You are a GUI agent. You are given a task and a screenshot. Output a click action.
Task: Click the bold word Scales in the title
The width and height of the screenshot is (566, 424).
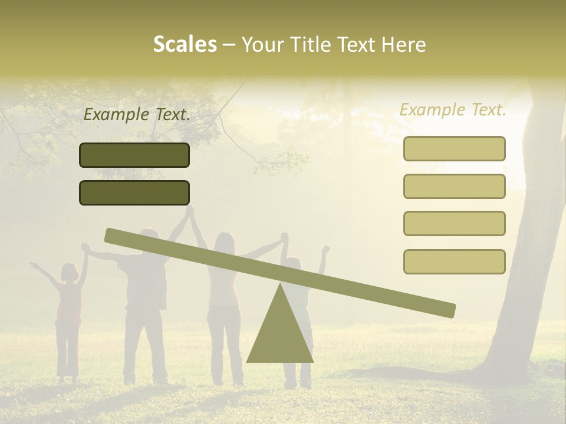tap(185, 44)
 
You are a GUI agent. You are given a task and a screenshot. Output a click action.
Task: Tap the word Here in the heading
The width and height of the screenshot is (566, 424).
tap(404, 44)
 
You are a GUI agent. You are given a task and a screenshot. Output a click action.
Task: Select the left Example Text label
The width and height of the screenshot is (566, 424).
tap(137, 115)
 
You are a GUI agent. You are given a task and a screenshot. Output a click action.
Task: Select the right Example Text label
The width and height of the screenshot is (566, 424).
tap(453, 110)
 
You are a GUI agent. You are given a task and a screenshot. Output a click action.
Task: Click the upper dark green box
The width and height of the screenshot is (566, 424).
tap(134, 155)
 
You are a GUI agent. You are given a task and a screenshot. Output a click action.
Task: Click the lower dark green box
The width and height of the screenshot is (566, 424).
tap(134, 193)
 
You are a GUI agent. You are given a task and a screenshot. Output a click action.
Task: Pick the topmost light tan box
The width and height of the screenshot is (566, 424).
tap(454, 148)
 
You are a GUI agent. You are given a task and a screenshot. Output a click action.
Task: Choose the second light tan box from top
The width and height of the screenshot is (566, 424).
tap(454, 186)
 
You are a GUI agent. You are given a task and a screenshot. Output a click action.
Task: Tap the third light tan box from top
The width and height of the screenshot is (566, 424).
tap(454, 223)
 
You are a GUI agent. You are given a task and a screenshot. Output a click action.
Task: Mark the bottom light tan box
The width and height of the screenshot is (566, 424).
tap(454, 261)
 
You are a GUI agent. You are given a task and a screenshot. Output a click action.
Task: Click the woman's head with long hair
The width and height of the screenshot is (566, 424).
tap(225, 243)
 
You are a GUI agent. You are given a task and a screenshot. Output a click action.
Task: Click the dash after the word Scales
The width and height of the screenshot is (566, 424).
tap(229, 45)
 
